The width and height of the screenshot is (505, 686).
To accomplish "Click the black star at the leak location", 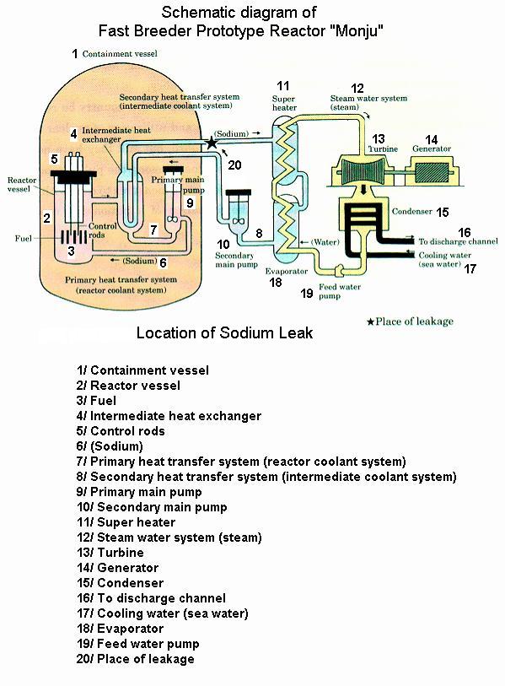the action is tap(212, 143).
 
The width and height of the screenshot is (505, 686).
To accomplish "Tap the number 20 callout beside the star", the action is tap(234, 165).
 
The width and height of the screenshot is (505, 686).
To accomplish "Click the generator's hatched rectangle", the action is tap(432, 172).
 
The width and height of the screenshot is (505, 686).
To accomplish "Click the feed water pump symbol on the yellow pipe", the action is tap(339, 271).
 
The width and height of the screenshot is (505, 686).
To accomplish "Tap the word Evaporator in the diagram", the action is tap(287, 271).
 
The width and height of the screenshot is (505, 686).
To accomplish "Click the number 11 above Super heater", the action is tap(283, 86).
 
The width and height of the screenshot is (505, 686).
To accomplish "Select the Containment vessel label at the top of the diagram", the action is tap(120, 54).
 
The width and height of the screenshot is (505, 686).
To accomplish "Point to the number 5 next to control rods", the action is tap(54, 159).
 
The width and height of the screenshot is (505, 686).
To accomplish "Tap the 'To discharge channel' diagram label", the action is tap(459, 241).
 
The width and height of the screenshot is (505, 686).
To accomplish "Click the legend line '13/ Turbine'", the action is tap(110, 553).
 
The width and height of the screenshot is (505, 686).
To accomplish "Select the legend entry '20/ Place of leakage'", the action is tap(136, 659).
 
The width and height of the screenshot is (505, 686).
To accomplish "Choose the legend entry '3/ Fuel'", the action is tap(96, 401).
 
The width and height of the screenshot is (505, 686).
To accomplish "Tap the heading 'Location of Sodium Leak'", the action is tap(225, 333).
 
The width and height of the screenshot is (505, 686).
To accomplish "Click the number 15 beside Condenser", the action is tap(443, 212).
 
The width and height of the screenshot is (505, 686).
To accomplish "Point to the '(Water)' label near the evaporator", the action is tap(325, 242).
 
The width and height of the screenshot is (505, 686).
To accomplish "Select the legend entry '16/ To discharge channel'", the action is tap(151, 598).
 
